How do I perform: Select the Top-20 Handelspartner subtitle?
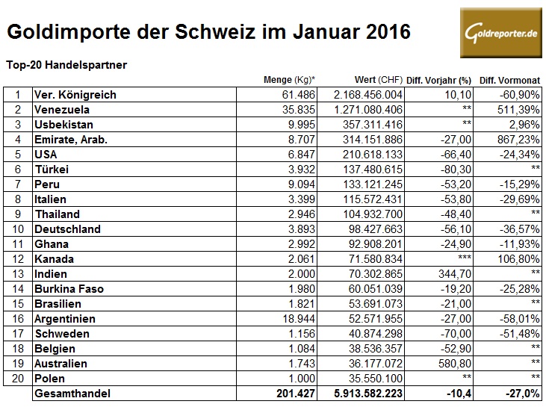66,65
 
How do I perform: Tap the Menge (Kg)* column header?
290,80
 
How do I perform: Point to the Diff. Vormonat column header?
509,80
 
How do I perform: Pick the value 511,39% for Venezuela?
515,109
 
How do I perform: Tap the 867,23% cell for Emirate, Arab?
515,139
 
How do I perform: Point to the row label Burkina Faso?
69,288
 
